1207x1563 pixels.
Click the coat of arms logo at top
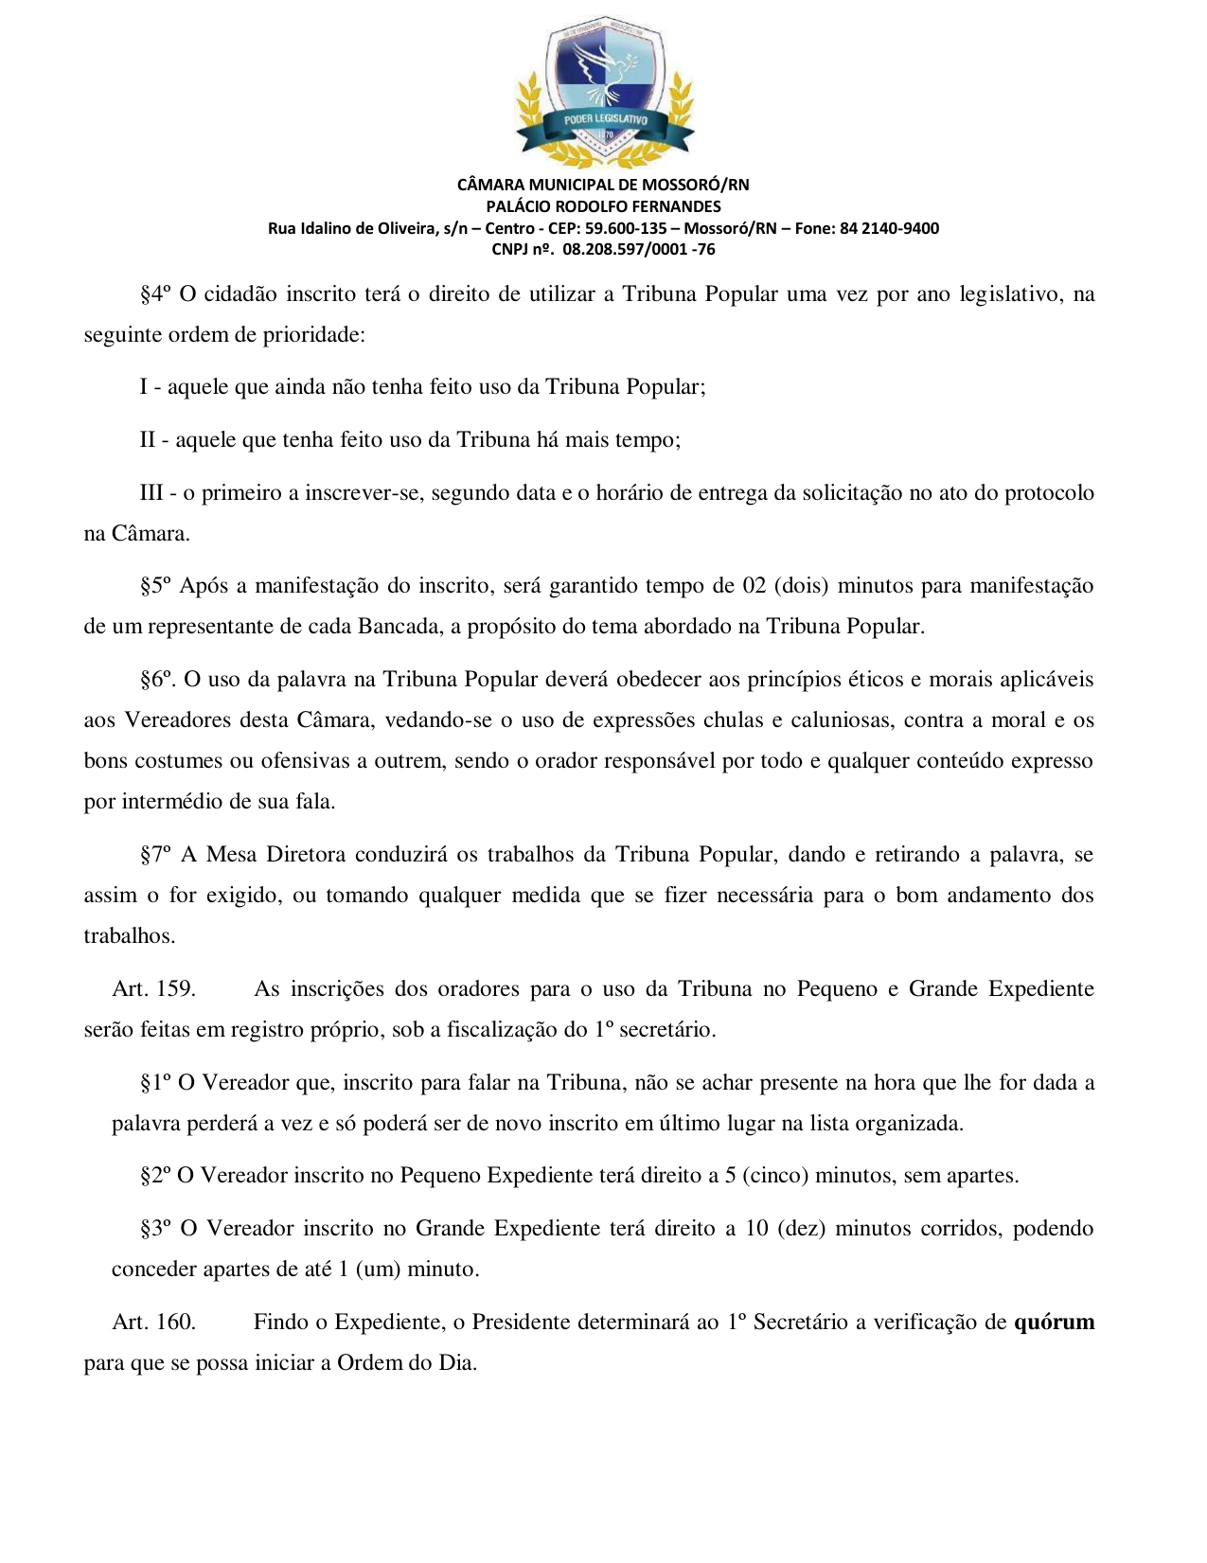[x=603, y=93]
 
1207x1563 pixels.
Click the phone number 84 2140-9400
[x=889, y=228]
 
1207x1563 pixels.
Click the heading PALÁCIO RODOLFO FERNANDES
[x=603, y=206]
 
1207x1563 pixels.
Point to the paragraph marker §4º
[x=155, y=294]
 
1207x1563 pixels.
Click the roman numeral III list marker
[x=151, y=493]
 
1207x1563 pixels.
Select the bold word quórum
[x=1054, y=1323]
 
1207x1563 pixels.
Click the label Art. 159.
[x=153, y=989]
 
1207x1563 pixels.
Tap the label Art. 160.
[x=153, y=1323]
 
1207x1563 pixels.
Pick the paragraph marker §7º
[x=155, y=855]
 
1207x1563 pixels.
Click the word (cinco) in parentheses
[x=775, y=1176]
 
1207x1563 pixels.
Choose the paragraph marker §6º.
[x=158, y=680]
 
